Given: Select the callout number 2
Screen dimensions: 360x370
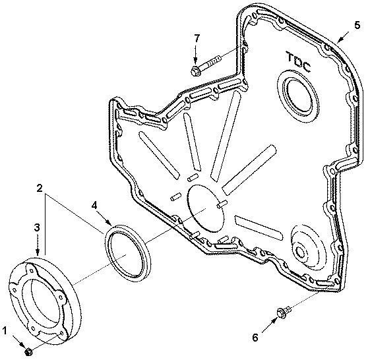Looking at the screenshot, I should (42, 188).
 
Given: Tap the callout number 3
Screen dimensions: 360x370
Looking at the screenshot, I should (37, 227).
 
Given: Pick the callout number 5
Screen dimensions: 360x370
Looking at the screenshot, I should (357, 25).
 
